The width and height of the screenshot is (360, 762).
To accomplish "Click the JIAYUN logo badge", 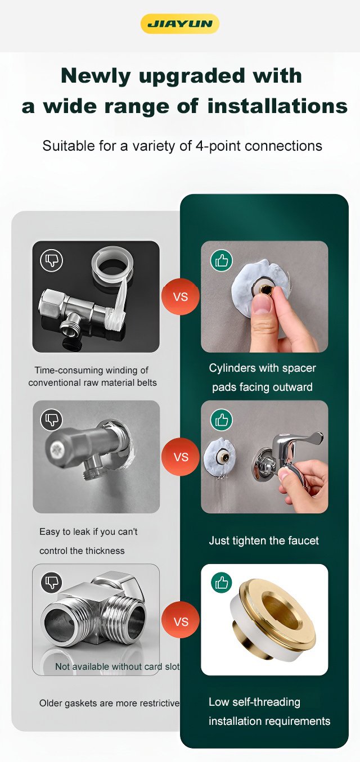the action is [x=180, y=24].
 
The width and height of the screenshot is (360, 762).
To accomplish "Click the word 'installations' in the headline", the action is [x=277, y=106].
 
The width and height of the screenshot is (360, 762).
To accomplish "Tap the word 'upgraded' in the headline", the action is [x=192, y=75].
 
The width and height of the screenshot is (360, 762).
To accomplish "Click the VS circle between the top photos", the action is [x=181, y=296].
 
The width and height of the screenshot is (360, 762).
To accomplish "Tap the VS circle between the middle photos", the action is [x=181, y=457].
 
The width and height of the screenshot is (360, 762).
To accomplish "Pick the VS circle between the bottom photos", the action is [x=181, y=621].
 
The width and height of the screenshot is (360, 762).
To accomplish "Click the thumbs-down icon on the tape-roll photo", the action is [x=52, y=260].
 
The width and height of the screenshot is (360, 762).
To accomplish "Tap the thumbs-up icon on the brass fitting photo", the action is [x=222, y=583].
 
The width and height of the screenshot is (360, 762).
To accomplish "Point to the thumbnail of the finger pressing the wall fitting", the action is [x=264, y=296].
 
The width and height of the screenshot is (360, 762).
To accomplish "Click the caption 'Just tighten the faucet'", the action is [x=264, y=540].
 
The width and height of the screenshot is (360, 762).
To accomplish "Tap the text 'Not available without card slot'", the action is [x=118, y=666].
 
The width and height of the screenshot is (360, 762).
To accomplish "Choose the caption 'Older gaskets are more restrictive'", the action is [x=109, y=703].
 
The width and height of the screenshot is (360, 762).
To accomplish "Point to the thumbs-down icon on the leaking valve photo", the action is [x=52, y=420].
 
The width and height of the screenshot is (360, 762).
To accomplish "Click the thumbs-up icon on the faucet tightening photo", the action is [x=222, y=420].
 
